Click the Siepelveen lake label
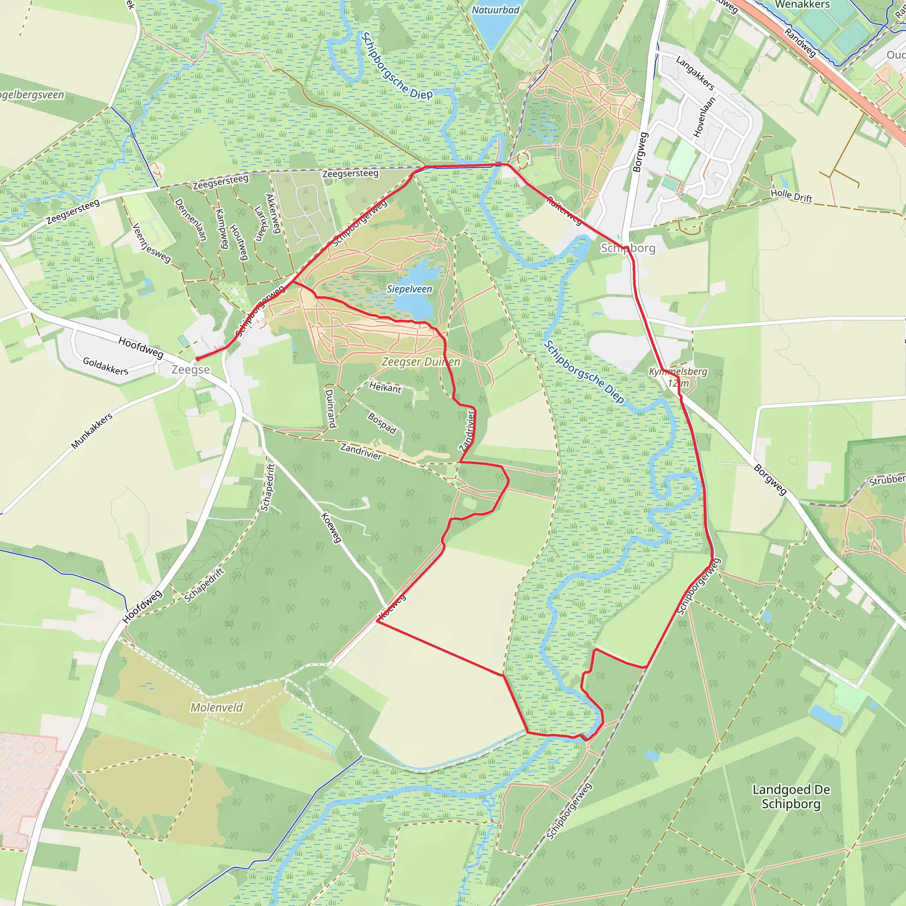(x=409, y=289)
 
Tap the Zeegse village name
(x=190, y=369)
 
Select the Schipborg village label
(x=628, y=248)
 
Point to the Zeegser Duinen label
(x=421, y=361)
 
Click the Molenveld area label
(x=217, y=707)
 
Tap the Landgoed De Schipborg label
(x=791, y=797)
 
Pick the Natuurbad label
(x=495, y=10)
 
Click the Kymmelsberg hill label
(x=678, y=372)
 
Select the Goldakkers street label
(x=106, y=366)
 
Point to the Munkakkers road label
(x=92, y=430)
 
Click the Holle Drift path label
(x=791, y=196)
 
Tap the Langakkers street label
(x=695, y=73)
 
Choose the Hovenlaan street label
(x=704, y=117)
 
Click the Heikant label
(x=385, y=388)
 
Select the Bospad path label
(x=382, y=423)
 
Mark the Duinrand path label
(x=330, y=408)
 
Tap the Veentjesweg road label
(x=151, y=242)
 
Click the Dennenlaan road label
(x=190, y=219)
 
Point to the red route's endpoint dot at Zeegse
(x=198, y=359)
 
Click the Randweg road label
(x=800, y=42)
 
